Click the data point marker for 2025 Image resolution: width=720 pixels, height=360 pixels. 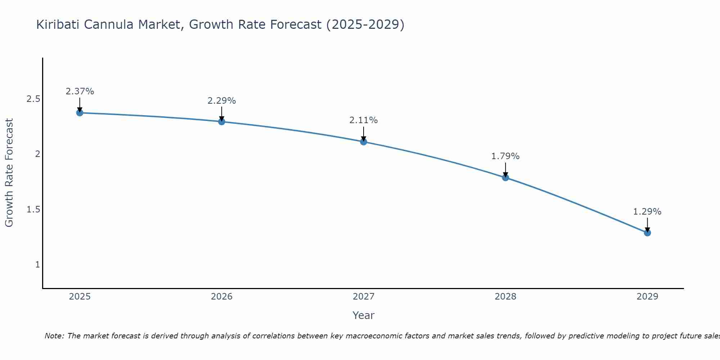pyautogui.click(x=80, y=113)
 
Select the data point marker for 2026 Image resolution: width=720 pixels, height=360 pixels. pyautogui.click(x=222, y=122)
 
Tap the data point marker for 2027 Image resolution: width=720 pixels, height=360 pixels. pyautogui.click(x=364, y=142)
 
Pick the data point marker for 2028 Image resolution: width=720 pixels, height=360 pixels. pyautogui.click(x=505, y=177)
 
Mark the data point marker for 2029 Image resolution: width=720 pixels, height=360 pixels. pyautogui.click(x=647, y=233)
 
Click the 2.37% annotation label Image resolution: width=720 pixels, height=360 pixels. pyautogui.click(x=80, y=91)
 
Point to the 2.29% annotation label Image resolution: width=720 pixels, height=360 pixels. pyautogui.click(x=222, y=101)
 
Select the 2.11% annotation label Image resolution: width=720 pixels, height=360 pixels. pyautogui.click(x=364, y=120)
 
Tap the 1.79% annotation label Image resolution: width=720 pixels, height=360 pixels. pyautogui.click(x=505, y=156)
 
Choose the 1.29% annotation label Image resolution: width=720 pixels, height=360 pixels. pyautogui.click(x=647, y=212)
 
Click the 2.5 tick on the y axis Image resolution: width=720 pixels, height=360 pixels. pyautogui.click(x=33, y=99)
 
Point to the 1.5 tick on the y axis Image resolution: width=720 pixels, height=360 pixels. pyautogui.click(x=33, y=210)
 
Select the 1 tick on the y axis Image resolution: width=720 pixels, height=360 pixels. pyautogui.click(x=37, y=265)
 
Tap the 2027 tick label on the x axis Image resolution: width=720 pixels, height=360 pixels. pyautogui.click(x=364, y=297)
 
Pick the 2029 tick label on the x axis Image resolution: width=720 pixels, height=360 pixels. pyautogui.click(x=647, y=297)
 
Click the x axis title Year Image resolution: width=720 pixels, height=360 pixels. pyautogui.click(x=364, y=315)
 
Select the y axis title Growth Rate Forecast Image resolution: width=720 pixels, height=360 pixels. pyautogui.click(x=9, y=173)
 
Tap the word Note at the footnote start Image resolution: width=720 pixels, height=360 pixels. pyautogui.click(x=54, y=336)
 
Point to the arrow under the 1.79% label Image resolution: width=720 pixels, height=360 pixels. pyautogui.click(x=505, y=170)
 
